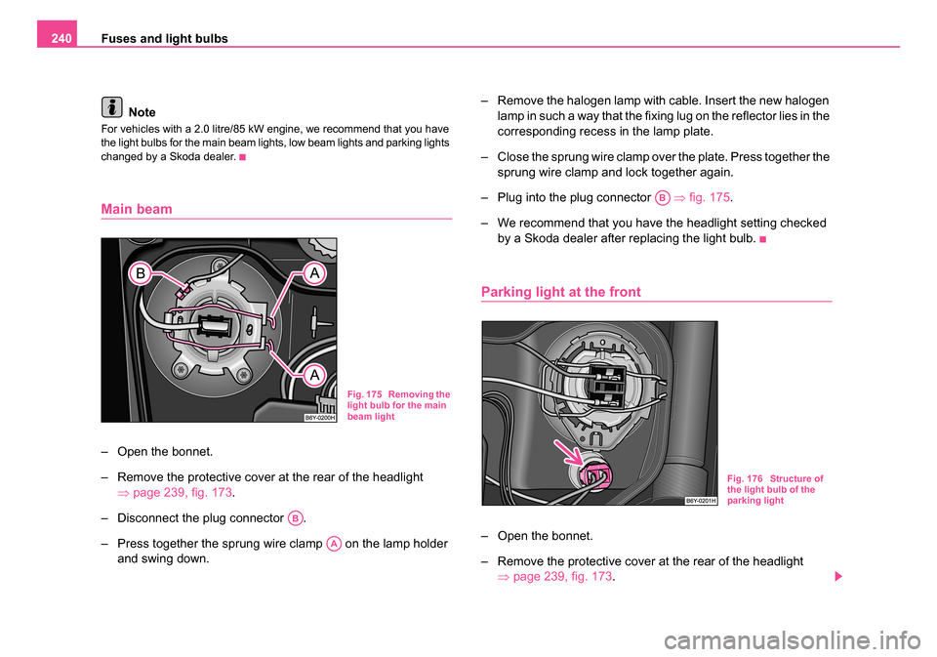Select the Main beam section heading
(x=137, y=209)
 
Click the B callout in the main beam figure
(x=142, y=275)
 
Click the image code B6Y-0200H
(x=318, y=417)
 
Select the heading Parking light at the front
(x=561, y=292)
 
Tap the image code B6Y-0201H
(x=699, y=500)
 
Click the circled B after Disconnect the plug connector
(x=296, y=516)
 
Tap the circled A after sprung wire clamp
(x=334, y=543)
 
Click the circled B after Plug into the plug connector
(x=663, y=196)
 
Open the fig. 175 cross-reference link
(x=704, y=196)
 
